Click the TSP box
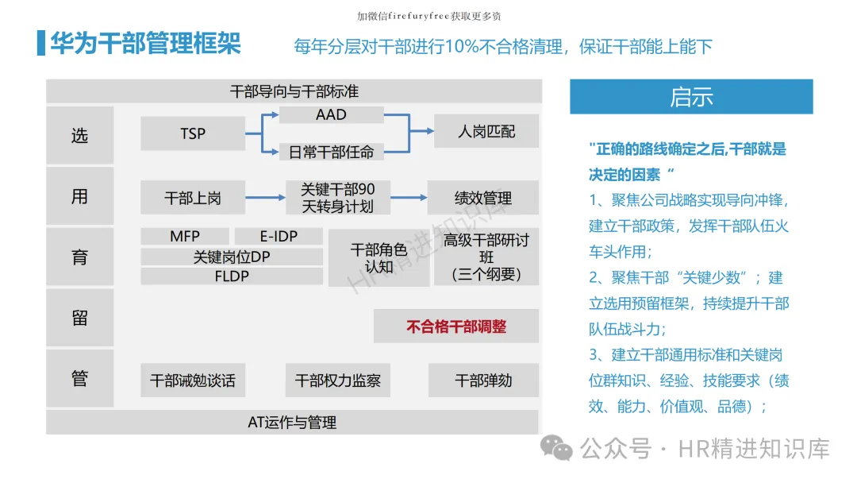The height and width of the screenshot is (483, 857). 193,133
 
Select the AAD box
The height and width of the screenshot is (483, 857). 331,114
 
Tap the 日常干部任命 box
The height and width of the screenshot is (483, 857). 331,151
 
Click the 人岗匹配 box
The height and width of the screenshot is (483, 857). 486,131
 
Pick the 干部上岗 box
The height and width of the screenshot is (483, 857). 193,198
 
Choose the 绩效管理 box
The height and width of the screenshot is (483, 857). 482,198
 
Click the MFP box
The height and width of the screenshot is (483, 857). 185,236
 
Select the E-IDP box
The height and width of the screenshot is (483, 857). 279,236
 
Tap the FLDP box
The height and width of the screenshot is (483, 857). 232,276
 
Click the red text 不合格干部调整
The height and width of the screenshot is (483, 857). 456,326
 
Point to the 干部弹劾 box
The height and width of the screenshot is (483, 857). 483,381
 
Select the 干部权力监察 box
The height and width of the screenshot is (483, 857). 338,381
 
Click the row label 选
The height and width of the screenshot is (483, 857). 79,135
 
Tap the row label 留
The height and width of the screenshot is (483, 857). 79,318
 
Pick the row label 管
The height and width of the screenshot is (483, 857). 79,379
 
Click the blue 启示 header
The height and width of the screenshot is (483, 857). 691,97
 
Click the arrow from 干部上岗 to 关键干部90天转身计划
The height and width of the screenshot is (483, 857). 265,198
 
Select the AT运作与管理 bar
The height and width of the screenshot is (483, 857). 292,422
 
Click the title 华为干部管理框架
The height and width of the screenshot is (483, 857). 145,43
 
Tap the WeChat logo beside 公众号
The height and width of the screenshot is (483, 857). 557,449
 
